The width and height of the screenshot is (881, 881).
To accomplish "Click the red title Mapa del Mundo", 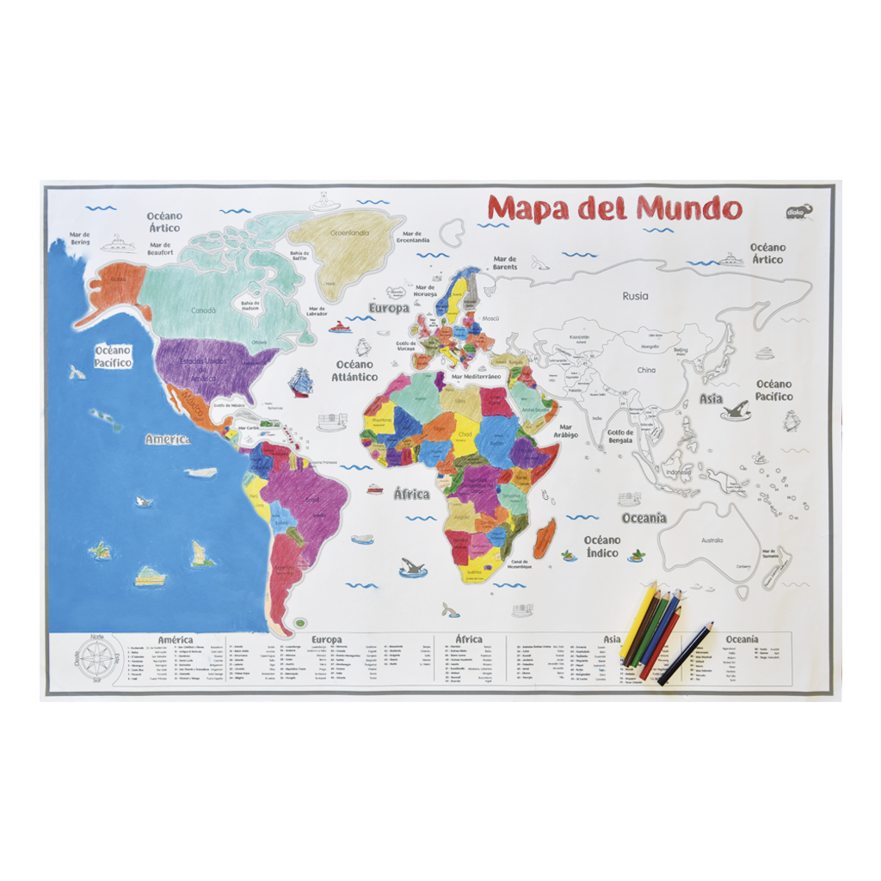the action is coord(614,208).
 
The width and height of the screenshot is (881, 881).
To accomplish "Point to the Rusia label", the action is coord(635,296).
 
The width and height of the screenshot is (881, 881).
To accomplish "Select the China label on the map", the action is coord(645,370).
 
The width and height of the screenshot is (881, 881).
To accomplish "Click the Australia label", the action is coord(712,540).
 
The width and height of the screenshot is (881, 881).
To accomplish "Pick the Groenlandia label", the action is coord(352,232).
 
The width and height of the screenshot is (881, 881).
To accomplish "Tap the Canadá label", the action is coord(203,311).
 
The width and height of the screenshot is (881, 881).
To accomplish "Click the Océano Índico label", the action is coord(601,546).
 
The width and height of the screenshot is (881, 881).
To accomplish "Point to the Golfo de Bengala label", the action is coord(619,436).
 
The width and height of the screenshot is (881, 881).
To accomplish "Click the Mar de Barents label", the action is coord(505,262).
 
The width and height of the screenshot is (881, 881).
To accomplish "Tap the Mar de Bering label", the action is coord(79,237).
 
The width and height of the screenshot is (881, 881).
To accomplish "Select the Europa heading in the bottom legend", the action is coord(327,639).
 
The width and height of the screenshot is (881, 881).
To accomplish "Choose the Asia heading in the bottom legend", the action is coord(612,639).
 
